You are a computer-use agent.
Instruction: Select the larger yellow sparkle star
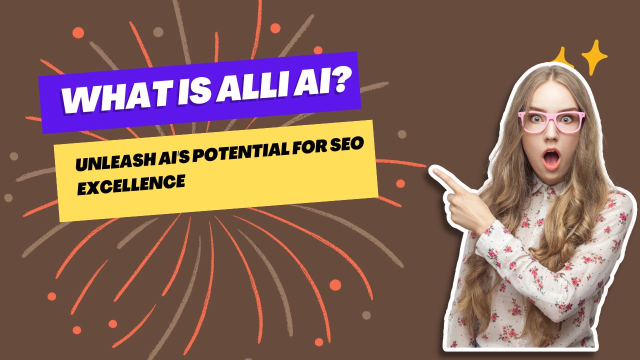[594, 56]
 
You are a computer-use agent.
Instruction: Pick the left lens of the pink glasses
[534, 121]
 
